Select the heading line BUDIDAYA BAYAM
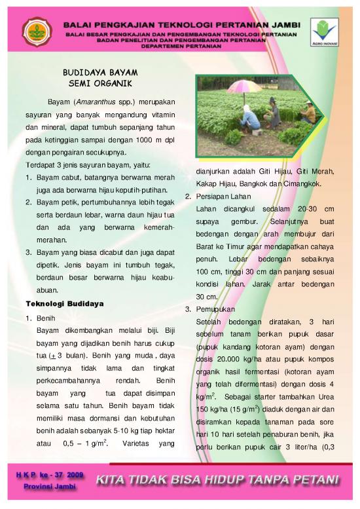(100, 73)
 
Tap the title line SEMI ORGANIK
(100, 84)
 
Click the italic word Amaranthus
(96, 102)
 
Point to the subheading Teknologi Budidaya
(65, 304)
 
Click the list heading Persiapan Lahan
(223, 197)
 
